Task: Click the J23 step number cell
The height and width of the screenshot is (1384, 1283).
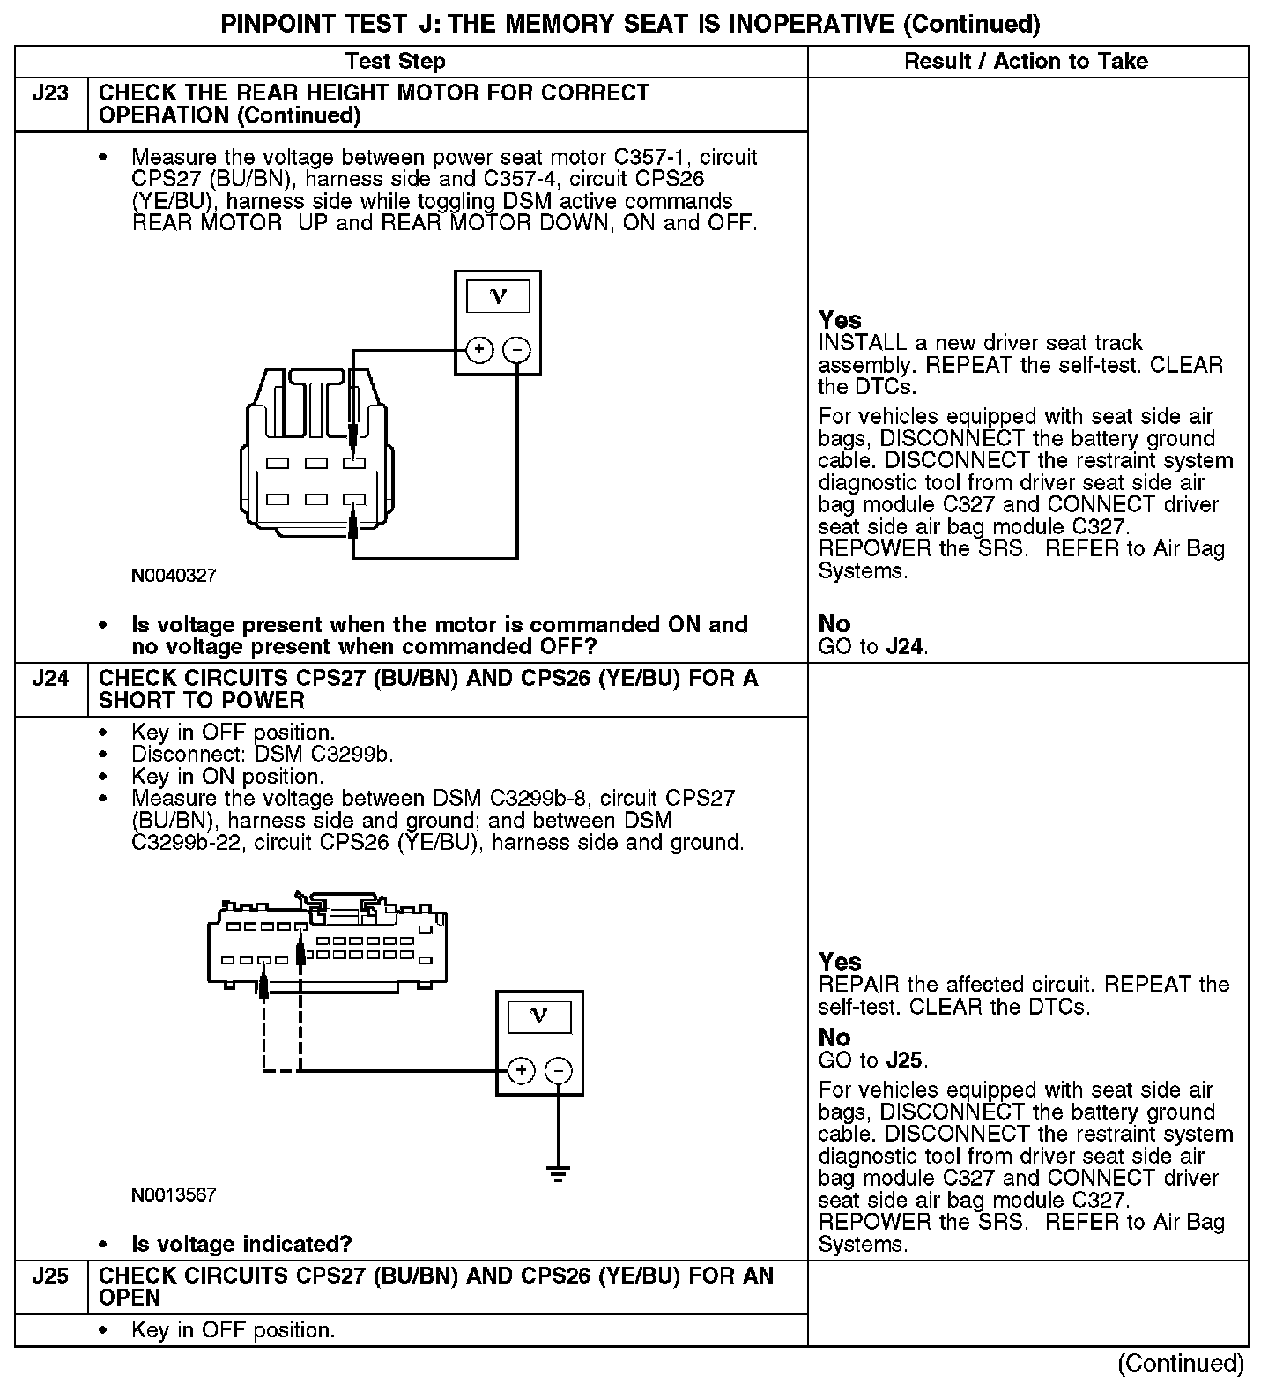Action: [x=50, y=93]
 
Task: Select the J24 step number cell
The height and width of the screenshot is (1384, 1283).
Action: [x=50, y=679]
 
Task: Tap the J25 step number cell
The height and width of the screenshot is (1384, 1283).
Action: [x=50, y=1276]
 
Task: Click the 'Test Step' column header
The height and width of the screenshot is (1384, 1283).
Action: [x=395, y=62]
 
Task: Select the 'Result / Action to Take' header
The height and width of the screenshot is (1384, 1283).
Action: [x=1026, y=62]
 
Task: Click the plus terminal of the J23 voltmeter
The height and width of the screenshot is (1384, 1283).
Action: [x=478, y=350]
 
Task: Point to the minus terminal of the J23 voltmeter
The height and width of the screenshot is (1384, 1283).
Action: [x=516, y=350]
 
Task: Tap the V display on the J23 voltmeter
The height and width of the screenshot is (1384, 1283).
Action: [x=498, y=296]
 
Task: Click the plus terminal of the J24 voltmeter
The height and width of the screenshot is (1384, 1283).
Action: [x=521, y=1071]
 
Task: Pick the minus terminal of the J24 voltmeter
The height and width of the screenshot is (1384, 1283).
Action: [x=559, y=1071]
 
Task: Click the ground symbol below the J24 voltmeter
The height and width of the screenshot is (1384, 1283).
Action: [x=558, y=1174]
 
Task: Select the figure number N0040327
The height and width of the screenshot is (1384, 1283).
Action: [x=174, y=576]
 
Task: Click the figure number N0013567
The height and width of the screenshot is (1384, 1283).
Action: [x=174, y=1195]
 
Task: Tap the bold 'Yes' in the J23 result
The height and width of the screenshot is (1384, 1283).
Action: [x=840, y=320]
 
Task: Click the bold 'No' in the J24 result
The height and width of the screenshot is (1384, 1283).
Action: [x=834, y=1038]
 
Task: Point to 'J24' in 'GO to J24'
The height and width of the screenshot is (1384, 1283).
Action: [x=905, y=647]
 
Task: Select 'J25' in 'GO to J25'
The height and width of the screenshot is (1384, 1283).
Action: [x=905, y=1060]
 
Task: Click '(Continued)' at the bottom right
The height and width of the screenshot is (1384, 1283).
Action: [x=1180, y=1364]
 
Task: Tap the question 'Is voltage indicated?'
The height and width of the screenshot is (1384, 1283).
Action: [x=241, y=1245]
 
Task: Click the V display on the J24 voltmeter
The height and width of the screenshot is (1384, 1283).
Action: [x=539, y=1017]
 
